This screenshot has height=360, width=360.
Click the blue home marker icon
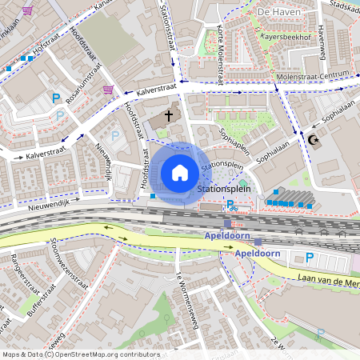(180, 172)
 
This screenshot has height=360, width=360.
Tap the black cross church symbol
(169, 117)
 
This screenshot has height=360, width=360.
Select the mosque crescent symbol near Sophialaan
(312, 140)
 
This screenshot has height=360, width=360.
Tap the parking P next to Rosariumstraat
(56, 98)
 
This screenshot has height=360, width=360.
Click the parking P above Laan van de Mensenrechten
(309, 257)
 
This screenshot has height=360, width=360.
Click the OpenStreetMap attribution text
(70, 354)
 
